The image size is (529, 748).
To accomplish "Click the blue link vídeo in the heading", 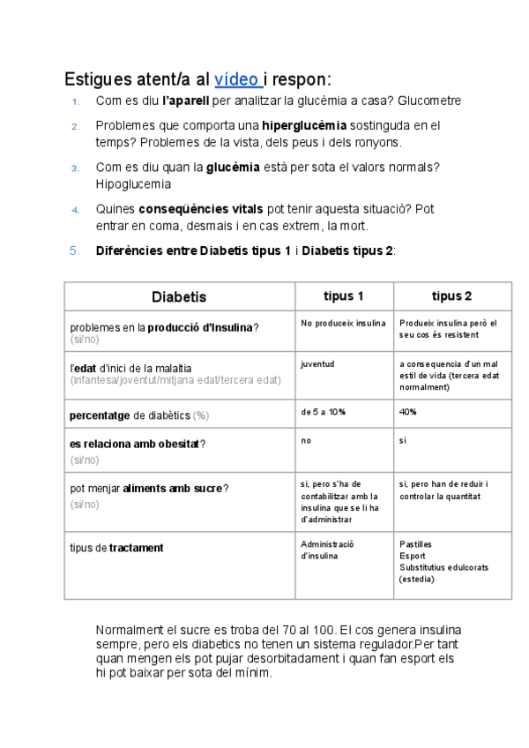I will (235, 78).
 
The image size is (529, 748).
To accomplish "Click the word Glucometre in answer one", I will (429, 101).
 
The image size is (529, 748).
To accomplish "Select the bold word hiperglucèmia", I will (304, 125).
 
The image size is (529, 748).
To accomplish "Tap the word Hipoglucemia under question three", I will (133, 184).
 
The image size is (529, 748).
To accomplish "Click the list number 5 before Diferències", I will (74, 251).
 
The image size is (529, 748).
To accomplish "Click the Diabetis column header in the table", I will (179, 296).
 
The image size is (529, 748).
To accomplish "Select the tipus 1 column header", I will (344, 295).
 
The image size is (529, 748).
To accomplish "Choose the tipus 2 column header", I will (451, 295).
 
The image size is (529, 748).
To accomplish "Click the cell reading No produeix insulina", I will (343, 324).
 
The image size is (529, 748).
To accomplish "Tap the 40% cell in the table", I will (407, 412).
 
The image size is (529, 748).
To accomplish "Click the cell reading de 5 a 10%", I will (323, 412).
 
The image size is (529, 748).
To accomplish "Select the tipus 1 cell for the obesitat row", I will (306, 439).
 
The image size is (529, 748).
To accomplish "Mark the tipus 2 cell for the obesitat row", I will (403, 439).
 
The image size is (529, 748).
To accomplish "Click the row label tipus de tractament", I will (116, 548).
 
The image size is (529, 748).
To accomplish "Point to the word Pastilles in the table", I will (415, 544).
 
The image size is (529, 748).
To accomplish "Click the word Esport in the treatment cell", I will (412, 556).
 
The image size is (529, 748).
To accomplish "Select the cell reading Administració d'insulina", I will (327, 550).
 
